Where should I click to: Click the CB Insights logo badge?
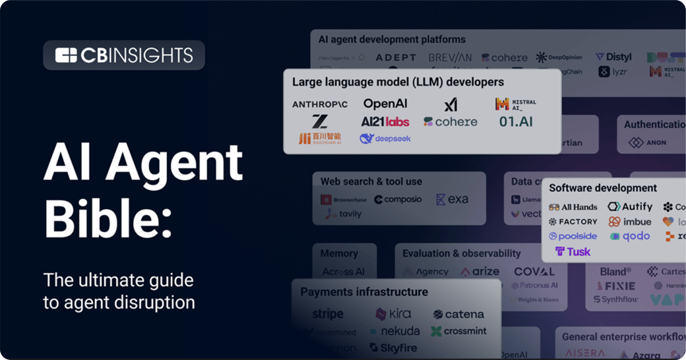pyautogui.click(x=124, y=55)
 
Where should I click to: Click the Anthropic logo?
pyautogui.click(x=320, y=104)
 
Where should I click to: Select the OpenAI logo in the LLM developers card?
pyautogui.click(x=385, y=104)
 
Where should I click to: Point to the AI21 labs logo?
pyautogui.click(x=385, y=121)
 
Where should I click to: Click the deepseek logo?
pyautogui.click(x=385, y=138)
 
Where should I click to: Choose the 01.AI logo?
pyautogui.click(x=516, y=121)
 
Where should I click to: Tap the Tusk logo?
pyautogui.click(x=573, y=251)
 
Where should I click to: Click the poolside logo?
pyautogui.click(x=573, y=236)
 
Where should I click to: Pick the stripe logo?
pyautogui.click(x=328, y=314)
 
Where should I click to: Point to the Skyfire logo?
pyautogui.click(x=394, y=347)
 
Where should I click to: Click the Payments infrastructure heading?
pyautogui.click(x=364, y=291)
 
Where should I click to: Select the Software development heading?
pyautogui.click(x=603, y=188)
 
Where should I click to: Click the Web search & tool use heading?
pyautogui.click(x=371, y=181)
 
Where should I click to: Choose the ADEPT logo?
pyautogui.click(x=396, y=58)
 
